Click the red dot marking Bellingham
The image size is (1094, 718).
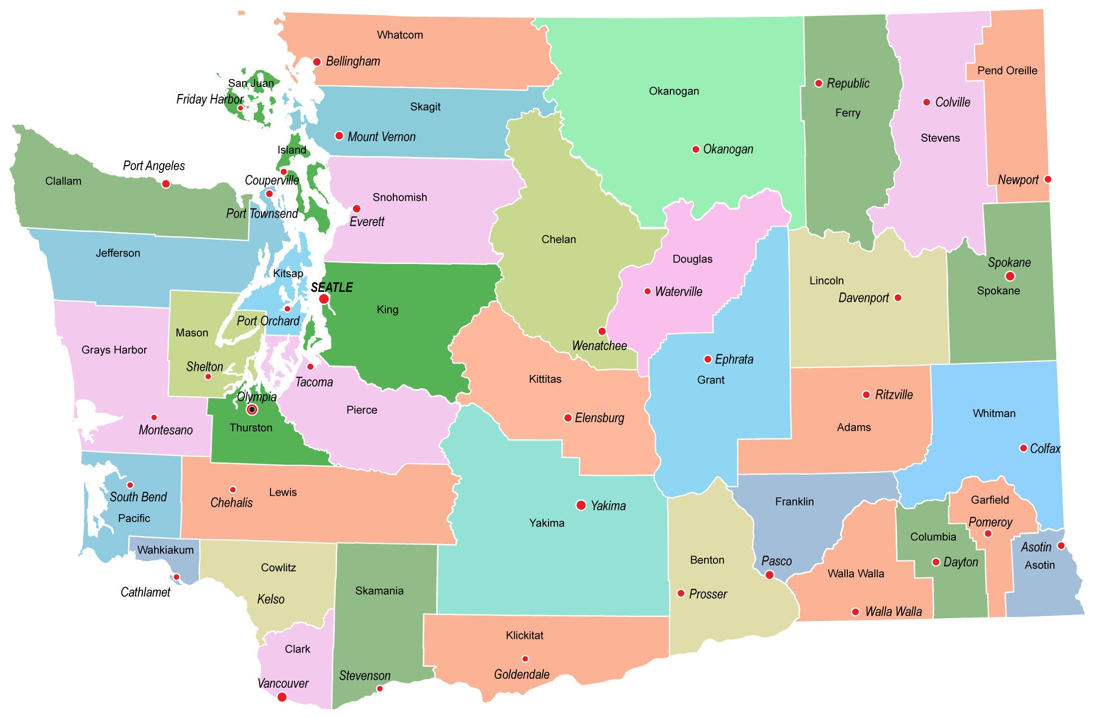pyautogui.click(x=317, y=62)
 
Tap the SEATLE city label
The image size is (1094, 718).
pyautogui.click(x=332, y=287)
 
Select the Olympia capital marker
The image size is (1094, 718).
pyautogui.click(x=252, y=410)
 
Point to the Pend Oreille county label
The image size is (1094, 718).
pyautogui.click(x=1007, y=71)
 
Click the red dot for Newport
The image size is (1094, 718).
pyautogui.click(x=1048, y=179)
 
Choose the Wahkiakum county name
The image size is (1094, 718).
pyautogui.click(x=166, y=550)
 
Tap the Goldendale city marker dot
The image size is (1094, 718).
pyautogui.click(x=525, y=659)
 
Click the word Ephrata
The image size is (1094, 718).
pyautogui.click(x=734, y=359)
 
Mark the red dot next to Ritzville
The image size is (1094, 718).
pyautogui.click(x=866, y=395)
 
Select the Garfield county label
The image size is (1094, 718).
pyautogui.click(x=990, y=500)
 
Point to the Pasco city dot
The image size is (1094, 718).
pyautogui.click(x=769, y=575)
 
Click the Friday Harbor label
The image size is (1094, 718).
pyautogui.click(x=210, y=99)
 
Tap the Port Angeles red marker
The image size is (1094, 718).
pyautogui.click(x=166, y=184)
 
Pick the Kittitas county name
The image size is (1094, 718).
pyautogui.click(x=545, y=379)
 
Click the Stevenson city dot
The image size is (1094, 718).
pyautogui.click(x=380, y=689)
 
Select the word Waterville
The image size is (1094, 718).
pyautogui.click(x=678, y=291)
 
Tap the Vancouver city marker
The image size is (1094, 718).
pyautogui.click(x=282, y=697)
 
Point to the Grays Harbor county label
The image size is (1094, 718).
pyautogui.click(x=114, y=350)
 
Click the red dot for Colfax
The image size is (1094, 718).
pyautogui.click(x=1023, y=448)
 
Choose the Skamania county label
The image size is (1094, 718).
pyautogui.click(x=379, y=591)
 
